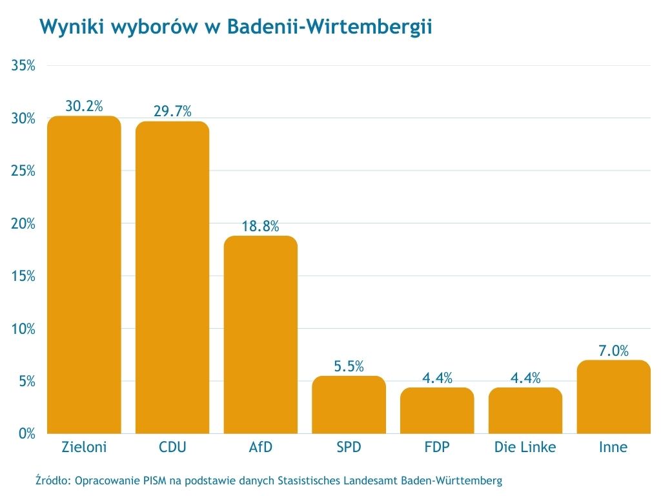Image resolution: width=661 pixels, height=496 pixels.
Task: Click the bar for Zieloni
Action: pos(84,274)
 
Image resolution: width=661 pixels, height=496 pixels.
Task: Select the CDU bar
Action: pos(172,278)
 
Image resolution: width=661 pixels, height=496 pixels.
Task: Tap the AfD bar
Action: pos(261,335)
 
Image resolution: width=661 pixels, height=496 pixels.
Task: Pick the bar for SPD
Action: pos(349,405)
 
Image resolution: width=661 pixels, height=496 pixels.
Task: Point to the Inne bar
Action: pos(613,397)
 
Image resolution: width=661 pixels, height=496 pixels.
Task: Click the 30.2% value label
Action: pos(84,106)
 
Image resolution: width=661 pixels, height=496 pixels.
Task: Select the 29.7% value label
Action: pos(172,111)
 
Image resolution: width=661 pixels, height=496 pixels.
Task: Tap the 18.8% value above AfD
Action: pos(261,226)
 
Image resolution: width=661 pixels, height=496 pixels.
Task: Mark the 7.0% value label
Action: pos(613,351)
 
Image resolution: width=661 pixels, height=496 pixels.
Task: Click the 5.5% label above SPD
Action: pos(349,366)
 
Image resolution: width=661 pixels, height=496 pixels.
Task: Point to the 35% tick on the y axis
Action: pos(23,66)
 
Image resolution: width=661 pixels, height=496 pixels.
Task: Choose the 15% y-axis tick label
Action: pos(23,276)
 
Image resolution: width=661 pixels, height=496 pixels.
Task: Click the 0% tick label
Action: pos(26,433)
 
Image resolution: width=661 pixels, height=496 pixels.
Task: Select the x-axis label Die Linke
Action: pos(525,447)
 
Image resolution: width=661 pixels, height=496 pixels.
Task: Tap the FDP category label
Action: pos(437,447)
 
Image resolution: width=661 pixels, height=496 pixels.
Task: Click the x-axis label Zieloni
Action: pos(84,447)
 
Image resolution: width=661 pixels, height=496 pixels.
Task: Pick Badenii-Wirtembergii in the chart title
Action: pos(329,27)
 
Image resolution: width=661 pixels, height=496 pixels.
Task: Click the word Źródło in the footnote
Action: pos(54,480)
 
